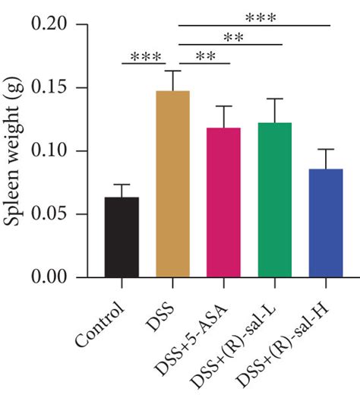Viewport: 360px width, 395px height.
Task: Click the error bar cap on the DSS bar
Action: (x=172, y=71)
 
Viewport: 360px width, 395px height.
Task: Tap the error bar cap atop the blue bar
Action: (x=325, y=150)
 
